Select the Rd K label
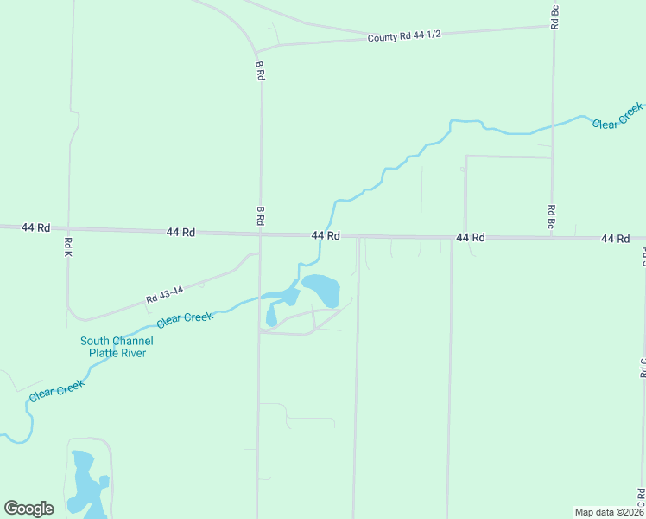point(67,247)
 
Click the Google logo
point(28,509)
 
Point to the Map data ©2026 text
point(609,512)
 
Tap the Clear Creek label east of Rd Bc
point(617,116)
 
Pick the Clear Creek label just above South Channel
point(184,319)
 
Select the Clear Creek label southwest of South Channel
point(56,390)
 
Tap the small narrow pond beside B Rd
point(271,317)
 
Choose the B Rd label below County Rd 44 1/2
point(259,70)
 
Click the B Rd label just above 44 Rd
point(259,215)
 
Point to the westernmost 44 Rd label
point(35,227)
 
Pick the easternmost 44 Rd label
point(615,238)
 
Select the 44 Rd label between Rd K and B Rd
point(181,232)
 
